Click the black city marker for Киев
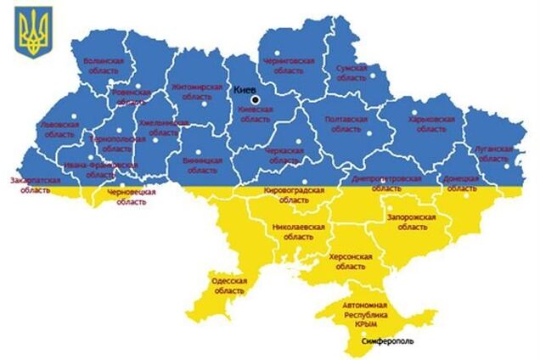click(256, 100)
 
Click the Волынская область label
click(104, 67)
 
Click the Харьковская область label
click(431, 125)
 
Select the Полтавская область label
click(346, 125)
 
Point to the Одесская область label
click(228, 285)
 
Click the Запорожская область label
click(411, 222)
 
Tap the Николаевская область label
click(298, 233)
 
